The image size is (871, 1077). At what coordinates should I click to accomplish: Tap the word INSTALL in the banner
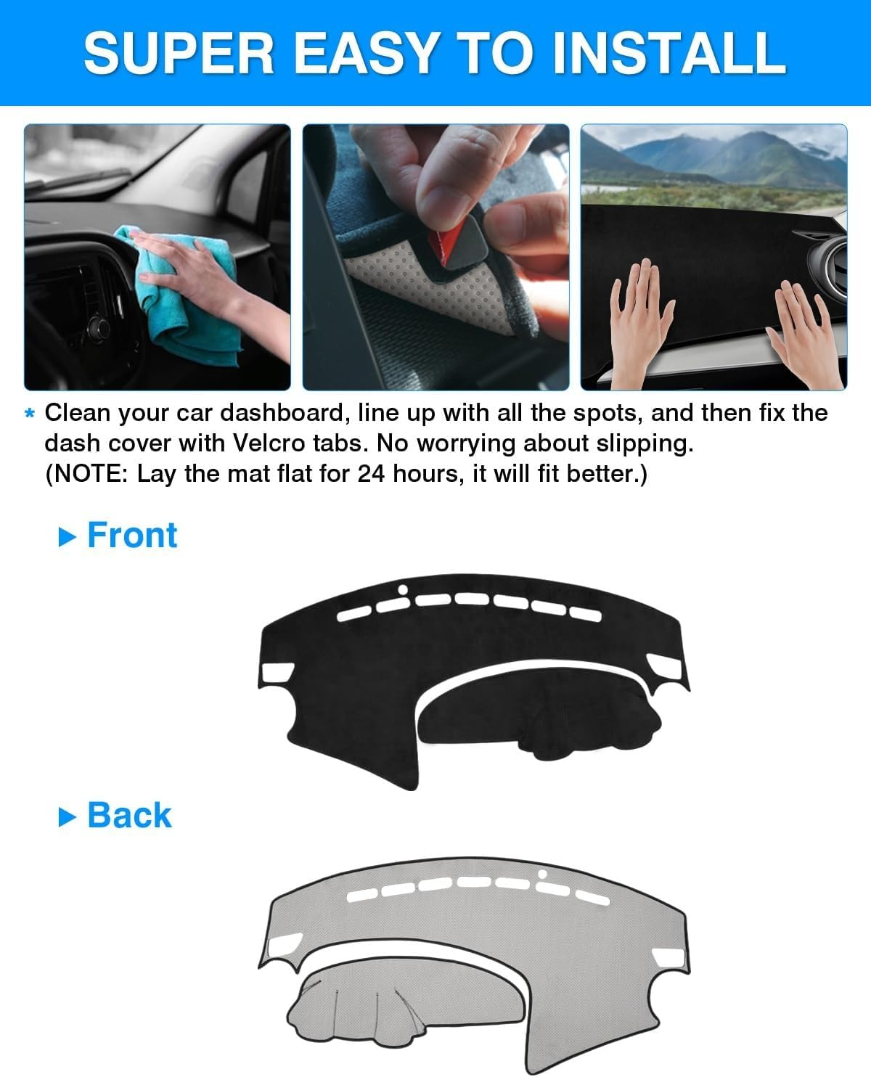[668, 52]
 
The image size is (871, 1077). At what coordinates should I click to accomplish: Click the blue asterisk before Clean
[30, 414]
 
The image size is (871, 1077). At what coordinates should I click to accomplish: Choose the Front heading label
[132, 536]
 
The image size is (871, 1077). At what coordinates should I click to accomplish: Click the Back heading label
[129, 815]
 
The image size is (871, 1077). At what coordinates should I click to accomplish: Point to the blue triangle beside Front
[67, 537]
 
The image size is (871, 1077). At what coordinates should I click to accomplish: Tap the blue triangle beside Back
[67, 817]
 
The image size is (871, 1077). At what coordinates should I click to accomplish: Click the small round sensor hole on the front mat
[403, 589]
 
